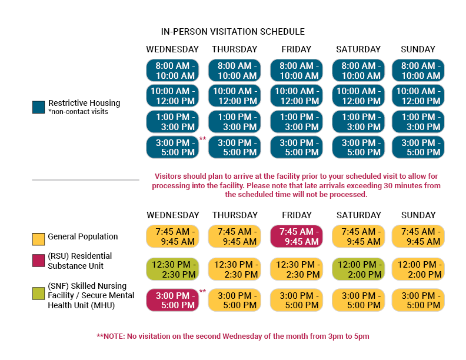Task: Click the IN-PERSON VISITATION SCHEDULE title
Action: [232, 32]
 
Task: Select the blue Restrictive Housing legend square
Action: [38, 107]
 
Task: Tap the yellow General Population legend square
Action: [38, 239]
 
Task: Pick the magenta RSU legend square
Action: [38, 261]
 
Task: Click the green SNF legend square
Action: [38, 294]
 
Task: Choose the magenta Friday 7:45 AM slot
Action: [297, 236]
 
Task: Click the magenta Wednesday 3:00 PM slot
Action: [172, 300]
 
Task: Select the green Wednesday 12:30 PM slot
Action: [172, 269]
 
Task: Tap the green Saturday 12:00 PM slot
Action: [358, 269]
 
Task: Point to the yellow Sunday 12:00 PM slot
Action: [418, 269]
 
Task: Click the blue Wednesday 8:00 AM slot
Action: [172, 71]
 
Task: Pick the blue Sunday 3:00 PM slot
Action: [418, 147]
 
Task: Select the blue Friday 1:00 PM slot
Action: [297, 122]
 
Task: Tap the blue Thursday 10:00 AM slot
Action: [235, 96]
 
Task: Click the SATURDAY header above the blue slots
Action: [358, 49]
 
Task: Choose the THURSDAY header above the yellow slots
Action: [235, 215]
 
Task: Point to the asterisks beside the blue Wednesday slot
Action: [202, 139]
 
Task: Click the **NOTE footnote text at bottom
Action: [232, 336]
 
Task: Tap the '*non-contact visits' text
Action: [78, 112]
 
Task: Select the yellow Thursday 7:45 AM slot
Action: [235, 236]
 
